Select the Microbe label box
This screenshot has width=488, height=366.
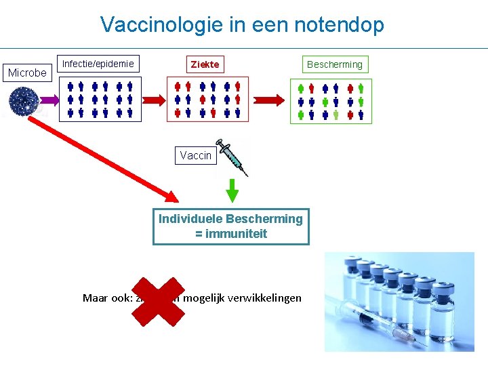pyautogui.click(x=27, y=73)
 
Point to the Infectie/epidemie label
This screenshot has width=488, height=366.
pyautogui.click(x=98, y=64)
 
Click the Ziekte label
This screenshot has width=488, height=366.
pyautogui.click(x=205, y=64)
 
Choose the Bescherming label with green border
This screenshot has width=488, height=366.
pyautogui.click(x=335, y=64)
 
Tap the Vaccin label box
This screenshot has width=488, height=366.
pyautogui.click(x=195, y=155)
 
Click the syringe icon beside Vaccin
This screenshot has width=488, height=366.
pyautogui.click(x=231, y=157)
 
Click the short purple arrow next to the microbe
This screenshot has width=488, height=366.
pyautogui.click(x=49, y=101)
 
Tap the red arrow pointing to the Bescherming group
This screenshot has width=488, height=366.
pyautogui.click(x=270, y=100)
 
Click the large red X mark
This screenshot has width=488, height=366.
pyautogui.click(x=157, y=301)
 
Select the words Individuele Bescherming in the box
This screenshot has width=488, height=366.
pyautogui.click(x=230, y=219)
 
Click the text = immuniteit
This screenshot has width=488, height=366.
pyautogui.click(x=230, y=234)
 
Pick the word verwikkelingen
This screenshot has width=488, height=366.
pyautogui.click(x=266, y=298)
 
